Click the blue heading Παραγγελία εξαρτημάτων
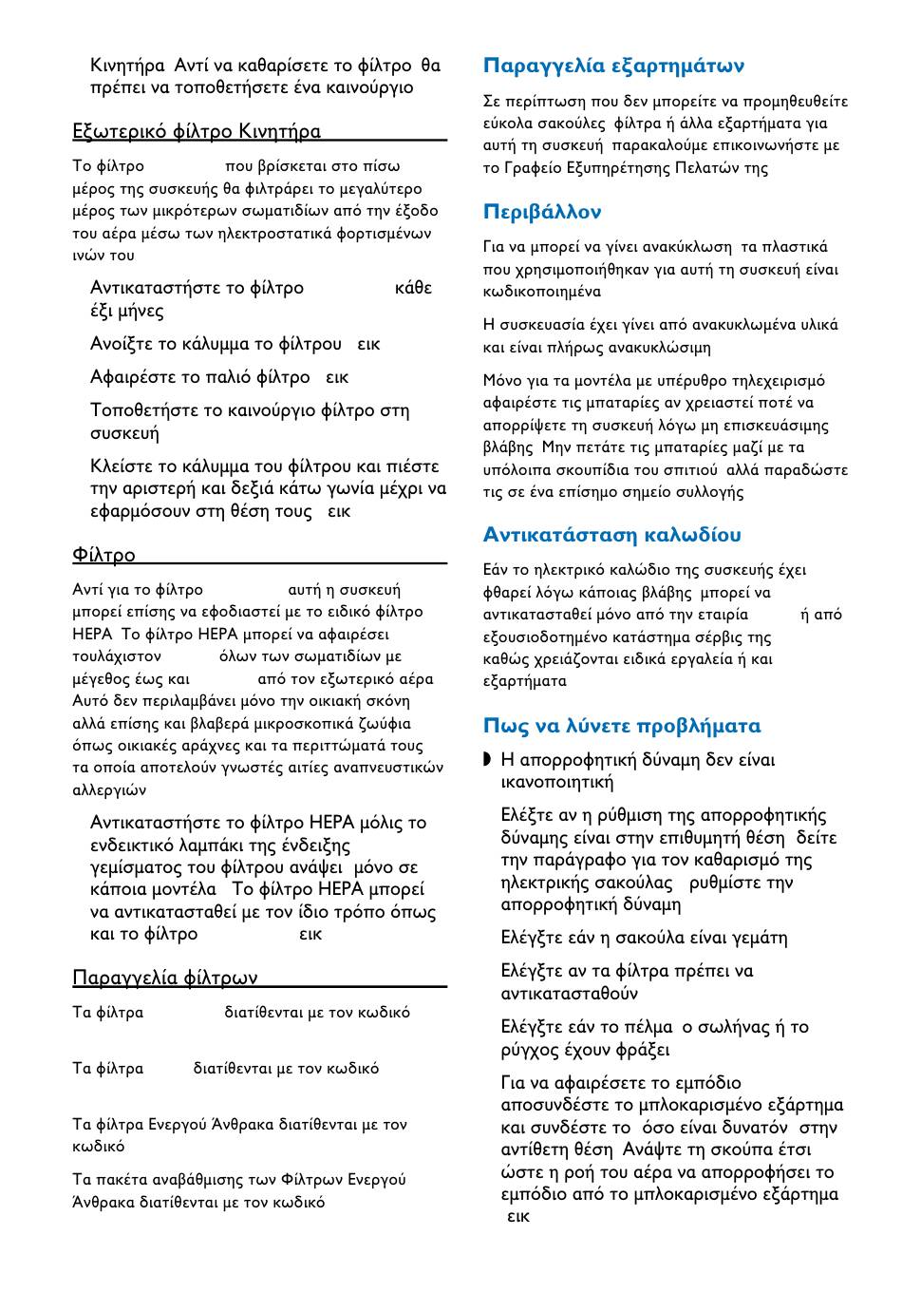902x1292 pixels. [613, 66]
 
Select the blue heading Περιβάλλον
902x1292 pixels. [542, 212]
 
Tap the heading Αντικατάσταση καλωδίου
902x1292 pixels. [612, 535]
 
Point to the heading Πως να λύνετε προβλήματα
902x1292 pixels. [622, 727]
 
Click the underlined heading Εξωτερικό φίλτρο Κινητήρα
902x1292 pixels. [197, 131]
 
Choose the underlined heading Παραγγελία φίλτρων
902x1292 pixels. [165, 978]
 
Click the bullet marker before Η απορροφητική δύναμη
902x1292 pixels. [488, 759]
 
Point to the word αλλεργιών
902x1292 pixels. [109, 789]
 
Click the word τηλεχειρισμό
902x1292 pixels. [778, 381]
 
